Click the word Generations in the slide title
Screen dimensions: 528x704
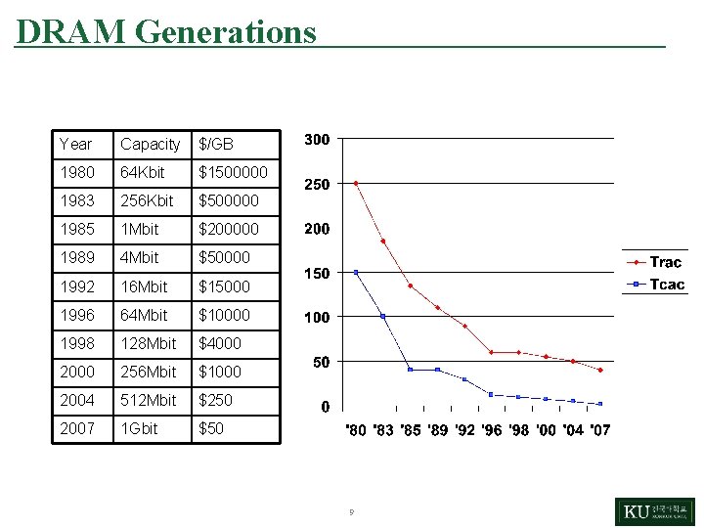pos(226,31)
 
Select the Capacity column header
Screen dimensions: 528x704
pos(150,144)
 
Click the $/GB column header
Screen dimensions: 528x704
pos(216,144)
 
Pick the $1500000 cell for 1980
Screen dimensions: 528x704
pos(233,172)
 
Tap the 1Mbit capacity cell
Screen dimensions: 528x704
pos(139,229)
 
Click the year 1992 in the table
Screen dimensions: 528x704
pos(77,286)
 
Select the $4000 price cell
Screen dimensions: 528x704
pos(220,343)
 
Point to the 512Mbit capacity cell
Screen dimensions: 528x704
pos(149,400)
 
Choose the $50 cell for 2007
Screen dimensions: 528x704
pos(211,428)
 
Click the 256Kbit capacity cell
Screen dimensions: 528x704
pos(147,200)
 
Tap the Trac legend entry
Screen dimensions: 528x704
pos(665,262)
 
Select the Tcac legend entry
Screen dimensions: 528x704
pos(667,285)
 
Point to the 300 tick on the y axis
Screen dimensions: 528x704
pos(317,140)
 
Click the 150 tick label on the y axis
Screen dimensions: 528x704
pos(317,273)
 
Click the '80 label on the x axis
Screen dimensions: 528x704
pos(356,430)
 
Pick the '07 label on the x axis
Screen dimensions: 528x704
pos(599,430)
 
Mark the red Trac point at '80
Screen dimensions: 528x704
pos(356,183)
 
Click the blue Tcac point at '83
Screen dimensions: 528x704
pos(383,316)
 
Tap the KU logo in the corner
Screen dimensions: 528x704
pos(654,511)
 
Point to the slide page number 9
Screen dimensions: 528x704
pos(351,511)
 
